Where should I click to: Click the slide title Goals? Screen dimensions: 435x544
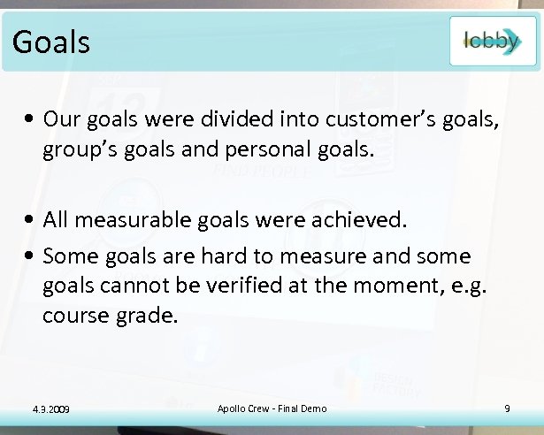[51, 41]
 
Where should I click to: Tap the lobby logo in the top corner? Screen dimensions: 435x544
[492, 42]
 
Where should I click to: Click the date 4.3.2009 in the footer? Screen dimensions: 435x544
[49, 408]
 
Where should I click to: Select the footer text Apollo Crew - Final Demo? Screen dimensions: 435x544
[272, 408]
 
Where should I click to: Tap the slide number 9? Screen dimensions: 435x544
[507, 408]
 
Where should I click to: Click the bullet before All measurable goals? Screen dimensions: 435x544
[31, 219]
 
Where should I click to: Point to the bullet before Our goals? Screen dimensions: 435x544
[31, 119]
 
